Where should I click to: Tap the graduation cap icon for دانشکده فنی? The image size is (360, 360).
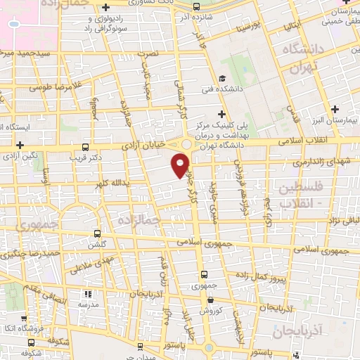(222, 78)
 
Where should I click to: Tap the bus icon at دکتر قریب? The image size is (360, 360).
(85, 147)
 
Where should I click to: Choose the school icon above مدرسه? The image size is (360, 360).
(88, 295)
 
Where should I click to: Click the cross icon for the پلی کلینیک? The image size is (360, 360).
(222, 113)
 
